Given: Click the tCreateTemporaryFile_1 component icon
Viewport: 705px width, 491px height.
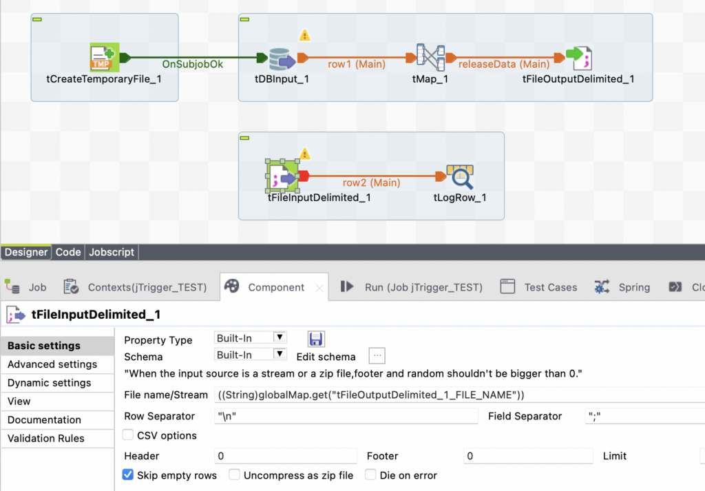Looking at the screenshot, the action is coord(105,57).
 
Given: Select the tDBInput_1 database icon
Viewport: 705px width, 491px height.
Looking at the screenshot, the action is coord(282,59).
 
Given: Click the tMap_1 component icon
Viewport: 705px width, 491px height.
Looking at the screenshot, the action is coord(430,57).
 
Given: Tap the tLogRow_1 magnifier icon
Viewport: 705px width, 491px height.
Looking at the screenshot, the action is coord(460,177).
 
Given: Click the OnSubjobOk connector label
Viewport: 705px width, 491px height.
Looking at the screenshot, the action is coord(193,64).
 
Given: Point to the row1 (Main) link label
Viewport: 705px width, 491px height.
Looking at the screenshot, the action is coord(357,64).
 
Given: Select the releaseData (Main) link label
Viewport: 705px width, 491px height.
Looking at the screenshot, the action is coord(504,64).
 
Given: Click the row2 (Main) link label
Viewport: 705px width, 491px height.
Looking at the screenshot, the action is coord(371,183).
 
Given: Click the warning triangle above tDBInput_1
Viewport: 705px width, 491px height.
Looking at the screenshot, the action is coord(305,35).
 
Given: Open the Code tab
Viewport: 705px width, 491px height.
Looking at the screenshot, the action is coord(68,252).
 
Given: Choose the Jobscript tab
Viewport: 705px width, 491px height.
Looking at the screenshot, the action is coord(112,252).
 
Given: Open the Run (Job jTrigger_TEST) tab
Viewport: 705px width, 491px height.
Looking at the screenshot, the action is coord(411,287).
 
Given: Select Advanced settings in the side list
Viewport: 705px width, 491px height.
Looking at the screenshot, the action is coord(52,364).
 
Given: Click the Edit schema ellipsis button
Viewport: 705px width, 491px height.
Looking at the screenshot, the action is coord(377,355).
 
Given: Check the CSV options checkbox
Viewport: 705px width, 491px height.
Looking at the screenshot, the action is coord(128,435).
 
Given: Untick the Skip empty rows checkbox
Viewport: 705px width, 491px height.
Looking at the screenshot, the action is coord(128,474).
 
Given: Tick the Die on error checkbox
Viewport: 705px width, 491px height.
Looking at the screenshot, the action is coord(370,474).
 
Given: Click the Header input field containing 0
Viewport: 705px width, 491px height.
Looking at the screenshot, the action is coord(286,456).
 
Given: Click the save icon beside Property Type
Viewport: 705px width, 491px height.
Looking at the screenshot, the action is coord(316,339).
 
